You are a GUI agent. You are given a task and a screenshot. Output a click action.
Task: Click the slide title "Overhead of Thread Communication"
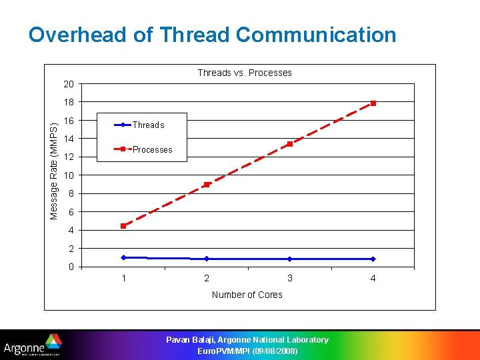click(x=212, y=35)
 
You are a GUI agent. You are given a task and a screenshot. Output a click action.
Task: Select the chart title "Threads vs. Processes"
click(x=245, y=73)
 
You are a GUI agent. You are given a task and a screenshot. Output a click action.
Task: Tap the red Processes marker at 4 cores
click(x=373, y=103)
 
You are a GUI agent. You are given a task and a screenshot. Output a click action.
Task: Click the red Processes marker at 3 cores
click(x=290, y=144)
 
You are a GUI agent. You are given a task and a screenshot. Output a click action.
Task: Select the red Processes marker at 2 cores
click(x=207, y=185)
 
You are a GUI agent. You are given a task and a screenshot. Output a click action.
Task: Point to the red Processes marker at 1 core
click(x=123, y=226)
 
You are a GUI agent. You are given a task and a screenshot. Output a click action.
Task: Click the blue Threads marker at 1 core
click(x=123, y=257)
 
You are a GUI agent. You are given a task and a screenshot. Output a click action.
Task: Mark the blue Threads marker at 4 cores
click(x=373, y=259)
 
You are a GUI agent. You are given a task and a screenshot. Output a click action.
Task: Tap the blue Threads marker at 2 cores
click(x=207, y=259)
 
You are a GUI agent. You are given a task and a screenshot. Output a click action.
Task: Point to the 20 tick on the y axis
click(x=69, y=84)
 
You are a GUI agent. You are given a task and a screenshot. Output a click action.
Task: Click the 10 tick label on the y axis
click(x=69, y=175)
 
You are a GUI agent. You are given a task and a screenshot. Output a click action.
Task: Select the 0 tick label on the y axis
click(x=71, y=267)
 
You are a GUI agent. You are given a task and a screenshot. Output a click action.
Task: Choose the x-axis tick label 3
click(x=290, y=278)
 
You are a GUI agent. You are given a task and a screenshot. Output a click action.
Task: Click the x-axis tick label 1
click(x=123, y=278)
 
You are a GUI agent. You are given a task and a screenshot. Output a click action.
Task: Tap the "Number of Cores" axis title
click(x=247, y=295)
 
